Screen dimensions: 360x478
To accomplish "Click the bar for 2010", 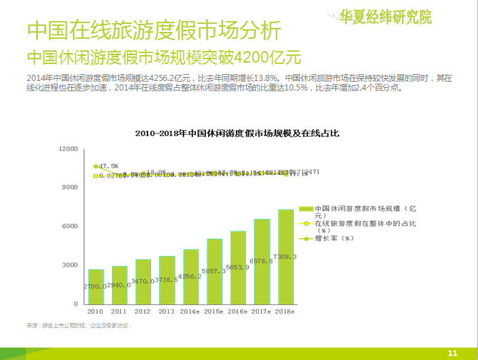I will tap(97, 287).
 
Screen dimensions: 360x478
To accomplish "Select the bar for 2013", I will tap(167, 280).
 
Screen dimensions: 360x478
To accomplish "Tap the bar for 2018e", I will tap(286, 257).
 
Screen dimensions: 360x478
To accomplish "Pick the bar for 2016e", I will tap(239, 267).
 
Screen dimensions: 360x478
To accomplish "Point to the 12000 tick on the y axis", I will tap(68, 148).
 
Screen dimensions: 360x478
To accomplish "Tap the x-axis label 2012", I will tap(143, 311).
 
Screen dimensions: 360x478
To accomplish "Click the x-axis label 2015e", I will tap(215, 311).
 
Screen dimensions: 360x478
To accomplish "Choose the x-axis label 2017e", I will tap(262, 311).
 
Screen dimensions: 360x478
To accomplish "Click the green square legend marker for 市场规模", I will tap(307, 208).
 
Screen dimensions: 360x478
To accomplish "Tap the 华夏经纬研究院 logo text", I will tap(385, 16).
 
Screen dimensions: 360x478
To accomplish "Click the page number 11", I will tap(454, 353).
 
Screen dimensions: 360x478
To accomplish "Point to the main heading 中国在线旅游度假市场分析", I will tap(152, 31).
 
